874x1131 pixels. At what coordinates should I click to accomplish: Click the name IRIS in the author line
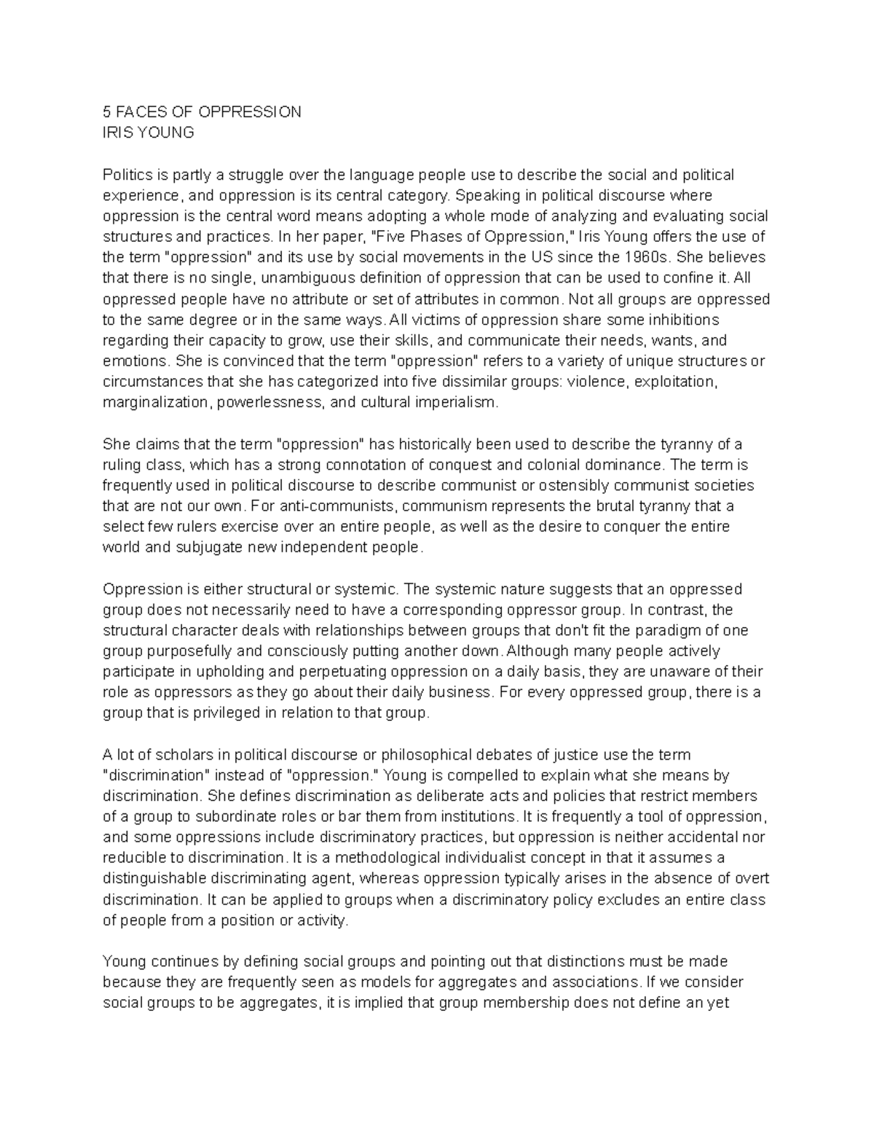click(118, 133)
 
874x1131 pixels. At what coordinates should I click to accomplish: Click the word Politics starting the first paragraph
click(128, 175)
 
